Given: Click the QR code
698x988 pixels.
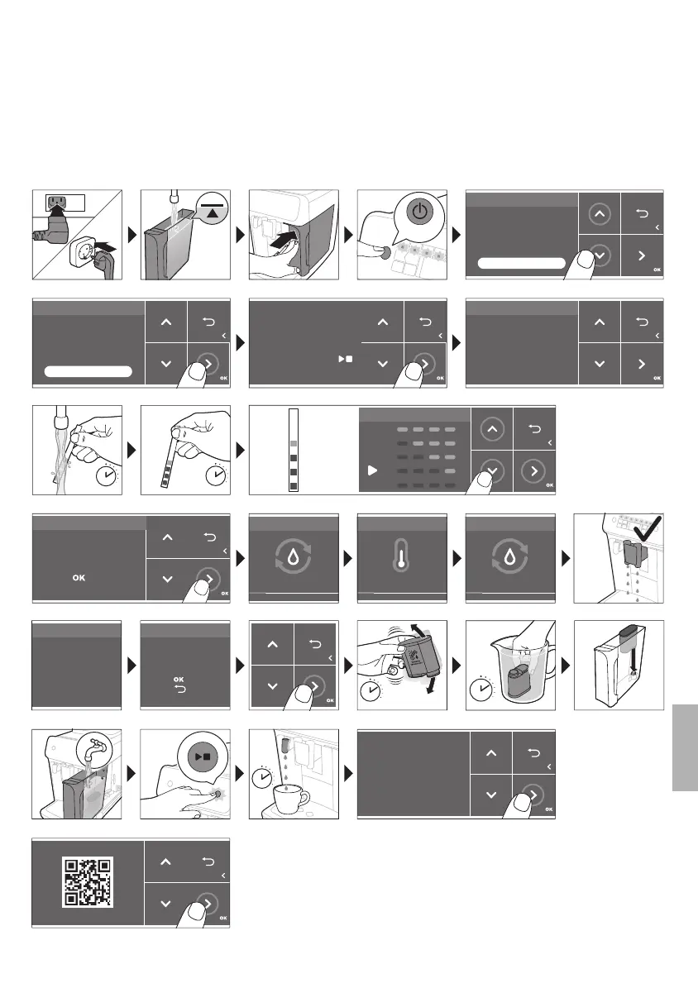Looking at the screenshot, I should pyautogui.click(x=88, y=881).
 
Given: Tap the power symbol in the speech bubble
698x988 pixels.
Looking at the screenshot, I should pyautogui.click(x=421, y=211).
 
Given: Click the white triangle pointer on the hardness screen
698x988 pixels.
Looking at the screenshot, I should pyautogui.click(x=373, y=470).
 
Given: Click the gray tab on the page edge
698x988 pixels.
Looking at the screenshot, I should pyautogui.click(x=686, y=747).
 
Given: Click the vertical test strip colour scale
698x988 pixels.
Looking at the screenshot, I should pyautogui.click(x=292, y=450).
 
